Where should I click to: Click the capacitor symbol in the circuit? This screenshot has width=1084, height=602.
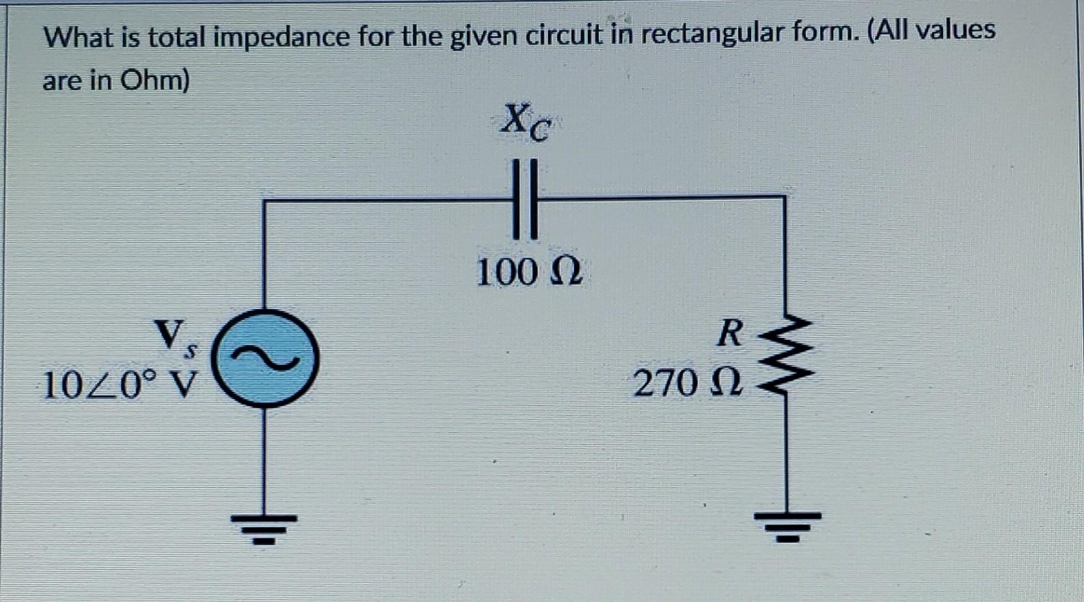[526, 199]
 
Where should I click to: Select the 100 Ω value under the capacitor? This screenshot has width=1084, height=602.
[528, 272]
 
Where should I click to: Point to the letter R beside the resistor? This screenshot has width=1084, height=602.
[729, 334]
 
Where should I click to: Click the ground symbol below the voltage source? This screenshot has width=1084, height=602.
[264, 527]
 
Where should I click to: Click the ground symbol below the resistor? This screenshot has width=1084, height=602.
[787, 525]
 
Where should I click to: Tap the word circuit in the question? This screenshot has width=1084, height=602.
[564, 34]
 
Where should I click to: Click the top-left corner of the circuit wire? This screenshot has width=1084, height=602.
[265, 200]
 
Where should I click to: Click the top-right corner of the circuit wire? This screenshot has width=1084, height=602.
[784, 198]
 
